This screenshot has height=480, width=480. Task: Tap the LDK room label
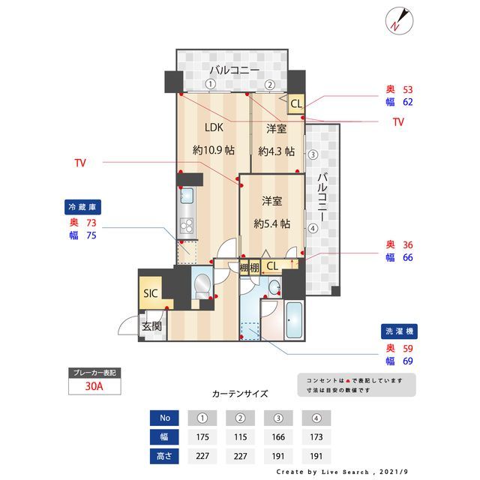pyautogui.click(x=212, y=127)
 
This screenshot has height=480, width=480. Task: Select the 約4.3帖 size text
pyautogui.click(x=277, y=150)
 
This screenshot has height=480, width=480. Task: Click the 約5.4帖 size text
pyautogui.click(x=271, y=223)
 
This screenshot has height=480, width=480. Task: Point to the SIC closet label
pyautogui.click(x=151, y=293)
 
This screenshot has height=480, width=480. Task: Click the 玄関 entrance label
pyautogui.click(x=152, y=327)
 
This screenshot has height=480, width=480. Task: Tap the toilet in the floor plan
pyautogui.click(x=201, y=286)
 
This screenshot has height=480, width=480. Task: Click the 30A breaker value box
pyautogui.click(x=93, y=388)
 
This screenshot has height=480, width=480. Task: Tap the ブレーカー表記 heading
pyautogui.click(x=93, y=373)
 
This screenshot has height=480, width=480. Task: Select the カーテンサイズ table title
pyautogui.click(x=240, y=393)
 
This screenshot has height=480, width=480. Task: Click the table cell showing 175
pyautogui.click(x=202, y=436)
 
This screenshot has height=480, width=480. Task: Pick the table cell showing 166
pyautogui.click(x=279, y=436)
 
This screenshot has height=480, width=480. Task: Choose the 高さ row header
pyautogui.click(x=163, y=454)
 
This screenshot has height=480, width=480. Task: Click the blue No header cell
pyautogui.click(x=163, y=418)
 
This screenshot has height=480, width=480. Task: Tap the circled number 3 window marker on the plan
pyautogui.click(x=313, y=155)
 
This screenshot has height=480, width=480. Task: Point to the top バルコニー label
pyautogui.click(x=235, y=70)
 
